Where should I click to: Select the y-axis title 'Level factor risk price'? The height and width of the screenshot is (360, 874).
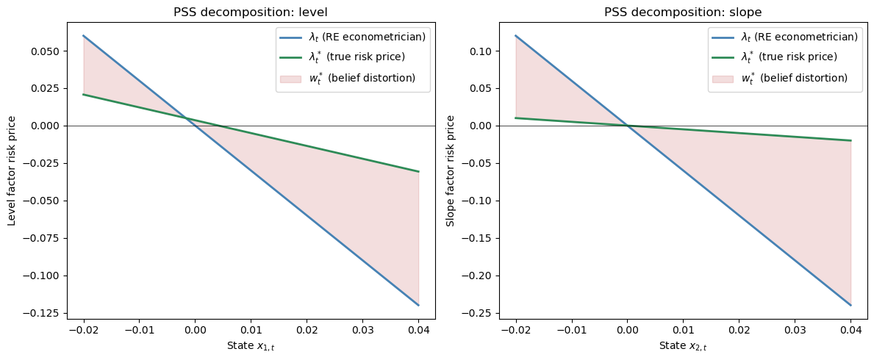(12, 170)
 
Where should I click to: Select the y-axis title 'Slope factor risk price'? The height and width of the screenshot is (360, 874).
(451, 170)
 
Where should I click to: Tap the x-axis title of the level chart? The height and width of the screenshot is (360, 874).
(251, 346)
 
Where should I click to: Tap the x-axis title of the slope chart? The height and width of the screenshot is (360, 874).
(683, 346)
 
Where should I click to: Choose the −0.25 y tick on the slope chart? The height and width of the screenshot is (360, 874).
(484, 313)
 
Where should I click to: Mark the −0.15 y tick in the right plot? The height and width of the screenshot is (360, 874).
(484, 238)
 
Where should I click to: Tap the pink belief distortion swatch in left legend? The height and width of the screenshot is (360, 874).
(290, 79)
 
